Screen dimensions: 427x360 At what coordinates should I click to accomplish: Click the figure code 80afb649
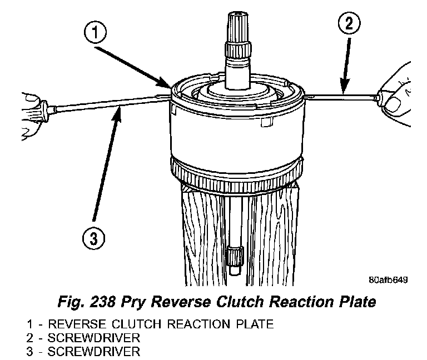[388, 280]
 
